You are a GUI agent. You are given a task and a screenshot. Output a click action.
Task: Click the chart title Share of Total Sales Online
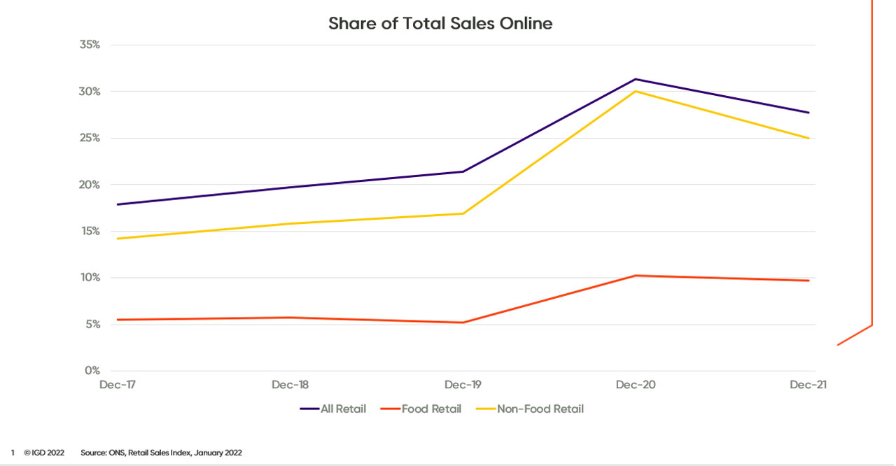coord(440,24)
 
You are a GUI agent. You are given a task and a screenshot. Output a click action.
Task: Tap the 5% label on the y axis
coord(94,325)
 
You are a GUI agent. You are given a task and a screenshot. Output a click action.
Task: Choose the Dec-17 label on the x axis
coord(117,386)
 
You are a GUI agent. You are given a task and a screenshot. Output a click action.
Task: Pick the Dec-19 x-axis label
coord(463,386)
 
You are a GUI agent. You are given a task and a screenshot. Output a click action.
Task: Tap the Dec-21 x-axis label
coord(808,386)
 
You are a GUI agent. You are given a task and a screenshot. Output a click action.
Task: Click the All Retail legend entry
coord(343,409)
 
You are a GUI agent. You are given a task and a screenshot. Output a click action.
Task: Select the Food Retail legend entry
coord(431,409)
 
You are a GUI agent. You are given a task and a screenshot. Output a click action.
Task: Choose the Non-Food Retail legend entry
coord(540,409)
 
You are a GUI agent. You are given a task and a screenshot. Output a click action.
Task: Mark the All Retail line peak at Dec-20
coord(636,79)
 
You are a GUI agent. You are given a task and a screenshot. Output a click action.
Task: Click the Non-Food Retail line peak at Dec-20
coord(636,91)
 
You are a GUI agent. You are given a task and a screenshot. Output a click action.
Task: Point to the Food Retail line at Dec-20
coord(636,276)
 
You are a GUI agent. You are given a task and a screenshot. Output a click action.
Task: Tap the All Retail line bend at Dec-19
coord(463,171)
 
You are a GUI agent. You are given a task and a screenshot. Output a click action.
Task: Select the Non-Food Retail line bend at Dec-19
coord(463,213)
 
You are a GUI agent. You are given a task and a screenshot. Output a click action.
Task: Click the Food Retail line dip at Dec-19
coord(463,323)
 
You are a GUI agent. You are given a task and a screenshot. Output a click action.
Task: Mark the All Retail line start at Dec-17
coord(118,204)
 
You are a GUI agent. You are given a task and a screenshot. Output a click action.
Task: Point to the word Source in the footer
coord(93,453)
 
